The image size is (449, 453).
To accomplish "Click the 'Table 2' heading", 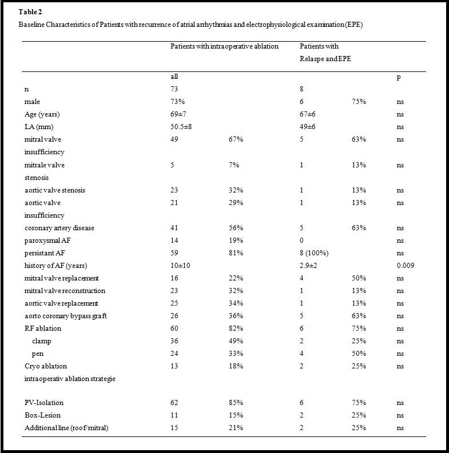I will [x=30, y=11].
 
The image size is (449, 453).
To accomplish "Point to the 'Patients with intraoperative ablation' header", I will [x=224, y=46].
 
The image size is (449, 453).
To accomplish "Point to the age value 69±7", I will [x=177, y=114].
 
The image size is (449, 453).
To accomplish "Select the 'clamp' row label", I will [x=42, y=341].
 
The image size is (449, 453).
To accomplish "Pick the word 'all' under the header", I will [x=175, y=77].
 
